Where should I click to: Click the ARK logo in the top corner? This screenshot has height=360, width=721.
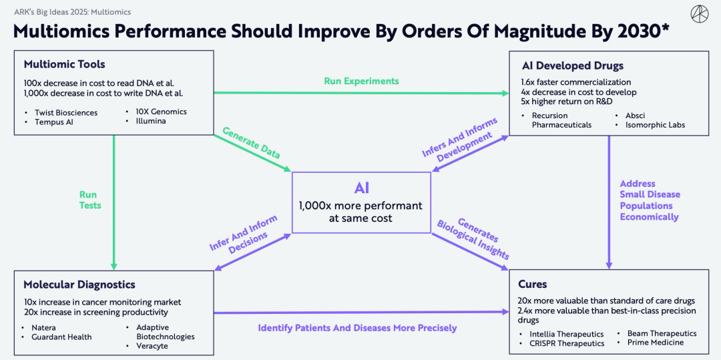point(700,14)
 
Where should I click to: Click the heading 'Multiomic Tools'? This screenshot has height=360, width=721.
point(64,65)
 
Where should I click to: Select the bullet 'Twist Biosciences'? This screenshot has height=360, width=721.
point(66,113)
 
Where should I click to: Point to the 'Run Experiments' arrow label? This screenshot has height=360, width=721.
point(361,81)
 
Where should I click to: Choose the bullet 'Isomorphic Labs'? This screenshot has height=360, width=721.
point(656,125)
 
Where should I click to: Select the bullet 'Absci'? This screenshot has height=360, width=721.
point(635,116)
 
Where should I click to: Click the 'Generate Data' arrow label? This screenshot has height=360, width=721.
point(252,143)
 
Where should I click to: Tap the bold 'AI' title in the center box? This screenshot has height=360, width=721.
point(361,188)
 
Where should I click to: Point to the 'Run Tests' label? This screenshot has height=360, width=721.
point(90,200)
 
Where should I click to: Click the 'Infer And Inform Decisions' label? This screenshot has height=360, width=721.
point(239,235)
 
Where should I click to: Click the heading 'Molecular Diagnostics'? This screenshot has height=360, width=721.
point(79,285)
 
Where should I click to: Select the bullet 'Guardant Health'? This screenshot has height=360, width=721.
point(61,337)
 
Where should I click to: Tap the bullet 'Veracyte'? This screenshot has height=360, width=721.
point(152,346)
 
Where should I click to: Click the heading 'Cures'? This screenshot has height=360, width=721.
point(532,285)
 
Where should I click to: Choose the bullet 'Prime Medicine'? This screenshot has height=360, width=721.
point(655,343)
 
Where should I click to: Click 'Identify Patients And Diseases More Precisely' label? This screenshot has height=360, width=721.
point(357,328)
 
